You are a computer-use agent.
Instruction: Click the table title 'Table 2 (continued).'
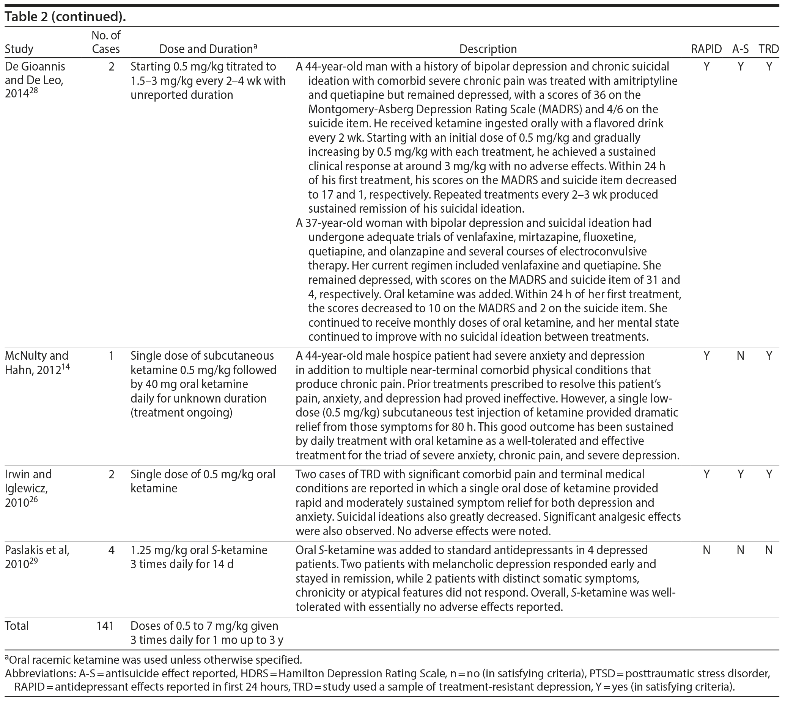click(66, 17)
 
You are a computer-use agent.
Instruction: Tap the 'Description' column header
click(488, 49)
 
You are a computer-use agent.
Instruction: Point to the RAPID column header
click(706, 49)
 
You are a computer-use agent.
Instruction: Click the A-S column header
click(740, 49)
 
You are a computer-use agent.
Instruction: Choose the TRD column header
click(769, 49)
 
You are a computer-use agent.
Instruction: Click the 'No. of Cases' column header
click(106, 42)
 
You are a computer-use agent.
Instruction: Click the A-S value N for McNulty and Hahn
click(740, 356)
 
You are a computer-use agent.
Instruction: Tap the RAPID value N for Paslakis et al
click(706, 550)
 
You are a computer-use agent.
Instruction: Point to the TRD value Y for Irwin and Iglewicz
click(769, 474)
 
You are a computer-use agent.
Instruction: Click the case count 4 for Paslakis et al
click(111, 550)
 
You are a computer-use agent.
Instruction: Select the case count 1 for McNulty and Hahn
click(111, 356)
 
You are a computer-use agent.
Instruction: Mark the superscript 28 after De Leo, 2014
click(34, 92)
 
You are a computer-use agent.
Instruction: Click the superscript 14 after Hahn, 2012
click(66, 367)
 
